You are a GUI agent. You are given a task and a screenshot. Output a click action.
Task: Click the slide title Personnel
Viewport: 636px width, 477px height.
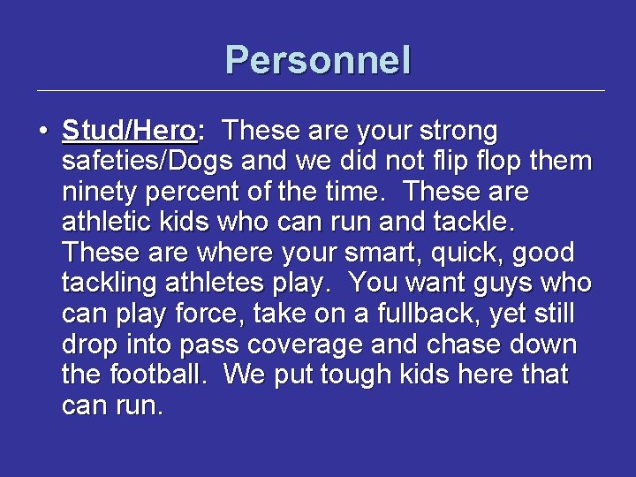318,60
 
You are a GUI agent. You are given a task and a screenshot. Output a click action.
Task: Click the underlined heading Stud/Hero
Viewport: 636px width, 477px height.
129,132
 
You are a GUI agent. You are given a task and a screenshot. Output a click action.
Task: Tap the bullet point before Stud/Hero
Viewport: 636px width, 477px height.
43,132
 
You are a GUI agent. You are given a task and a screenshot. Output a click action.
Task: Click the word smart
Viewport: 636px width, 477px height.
390,254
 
